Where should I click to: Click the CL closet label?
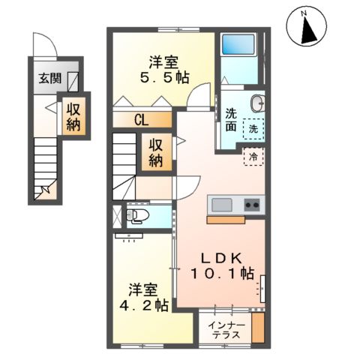142,118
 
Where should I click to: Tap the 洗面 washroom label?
231,121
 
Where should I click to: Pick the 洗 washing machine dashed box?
255,128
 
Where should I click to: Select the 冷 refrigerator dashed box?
253,157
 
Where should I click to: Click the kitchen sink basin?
223,205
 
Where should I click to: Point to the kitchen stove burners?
252,204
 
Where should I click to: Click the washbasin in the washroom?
256,103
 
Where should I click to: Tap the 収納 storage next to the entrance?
73,115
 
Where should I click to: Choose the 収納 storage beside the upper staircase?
156,152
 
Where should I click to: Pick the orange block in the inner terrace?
258,328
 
